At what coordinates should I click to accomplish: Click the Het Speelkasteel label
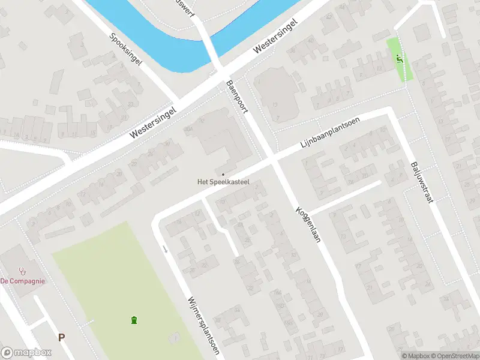[224, 182]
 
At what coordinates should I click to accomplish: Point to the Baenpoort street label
[237, 97]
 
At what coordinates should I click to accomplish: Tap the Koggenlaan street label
[308, 225]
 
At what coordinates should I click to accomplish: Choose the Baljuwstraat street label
[422, 182]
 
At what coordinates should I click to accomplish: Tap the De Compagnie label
[22, 281]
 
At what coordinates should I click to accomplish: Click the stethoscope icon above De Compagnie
[23, 271]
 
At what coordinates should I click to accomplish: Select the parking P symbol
[61, 338]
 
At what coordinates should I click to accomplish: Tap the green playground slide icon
[400, 59]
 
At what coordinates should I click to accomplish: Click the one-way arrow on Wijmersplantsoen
[164, 248]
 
